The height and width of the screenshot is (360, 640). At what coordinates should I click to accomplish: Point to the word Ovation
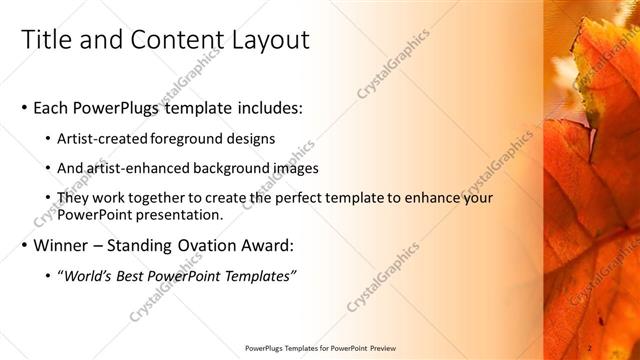point(218,245)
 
